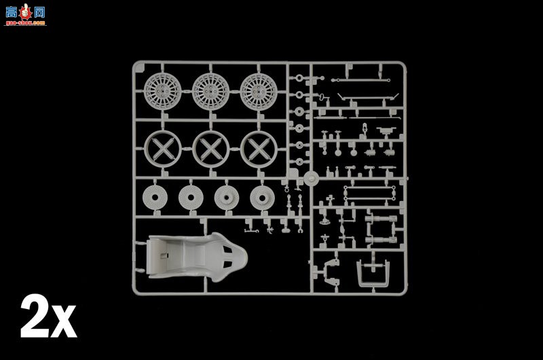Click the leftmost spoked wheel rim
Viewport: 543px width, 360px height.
click(162, 90)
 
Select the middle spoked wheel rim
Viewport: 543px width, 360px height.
click(210, 90)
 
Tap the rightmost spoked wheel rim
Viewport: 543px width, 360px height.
click(258, 90)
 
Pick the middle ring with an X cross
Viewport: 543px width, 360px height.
click(210, 147)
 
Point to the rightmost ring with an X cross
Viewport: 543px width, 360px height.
click(259, 147)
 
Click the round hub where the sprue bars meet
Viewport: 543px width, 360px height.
click(311, 179)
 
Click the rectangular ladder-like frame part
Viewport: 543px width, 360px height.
click(370, 192)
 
